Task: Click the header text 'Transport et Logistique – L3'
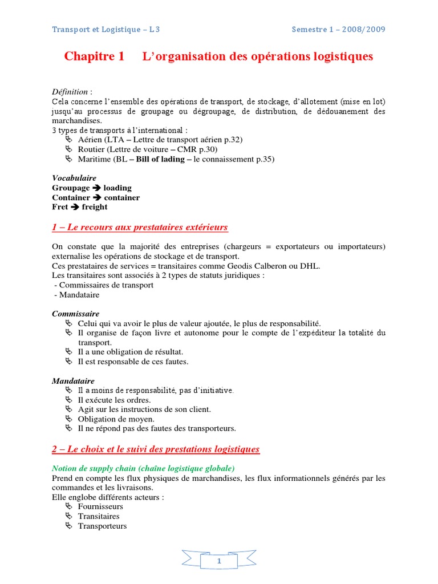pos(110,30)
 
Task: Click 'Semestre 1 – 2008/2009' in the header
pos(338,30)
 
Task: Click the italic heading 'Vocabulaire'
pos(74,178)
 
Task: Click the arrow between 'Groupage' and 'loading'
pos(96,188)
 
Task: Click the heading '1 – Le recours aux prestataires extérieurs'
pos(140,228)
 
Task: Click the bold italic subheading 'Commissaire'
pos(76,314)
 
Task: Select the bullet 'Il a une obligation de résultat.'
pos(131,352)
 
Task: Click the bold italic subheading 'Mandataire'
pos(73,380)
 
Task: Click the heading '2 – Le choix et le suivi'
pos(156,449)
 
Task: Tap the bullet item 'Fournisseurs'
pos(100,506)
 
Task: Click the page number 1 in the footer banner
pos(219,562)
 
